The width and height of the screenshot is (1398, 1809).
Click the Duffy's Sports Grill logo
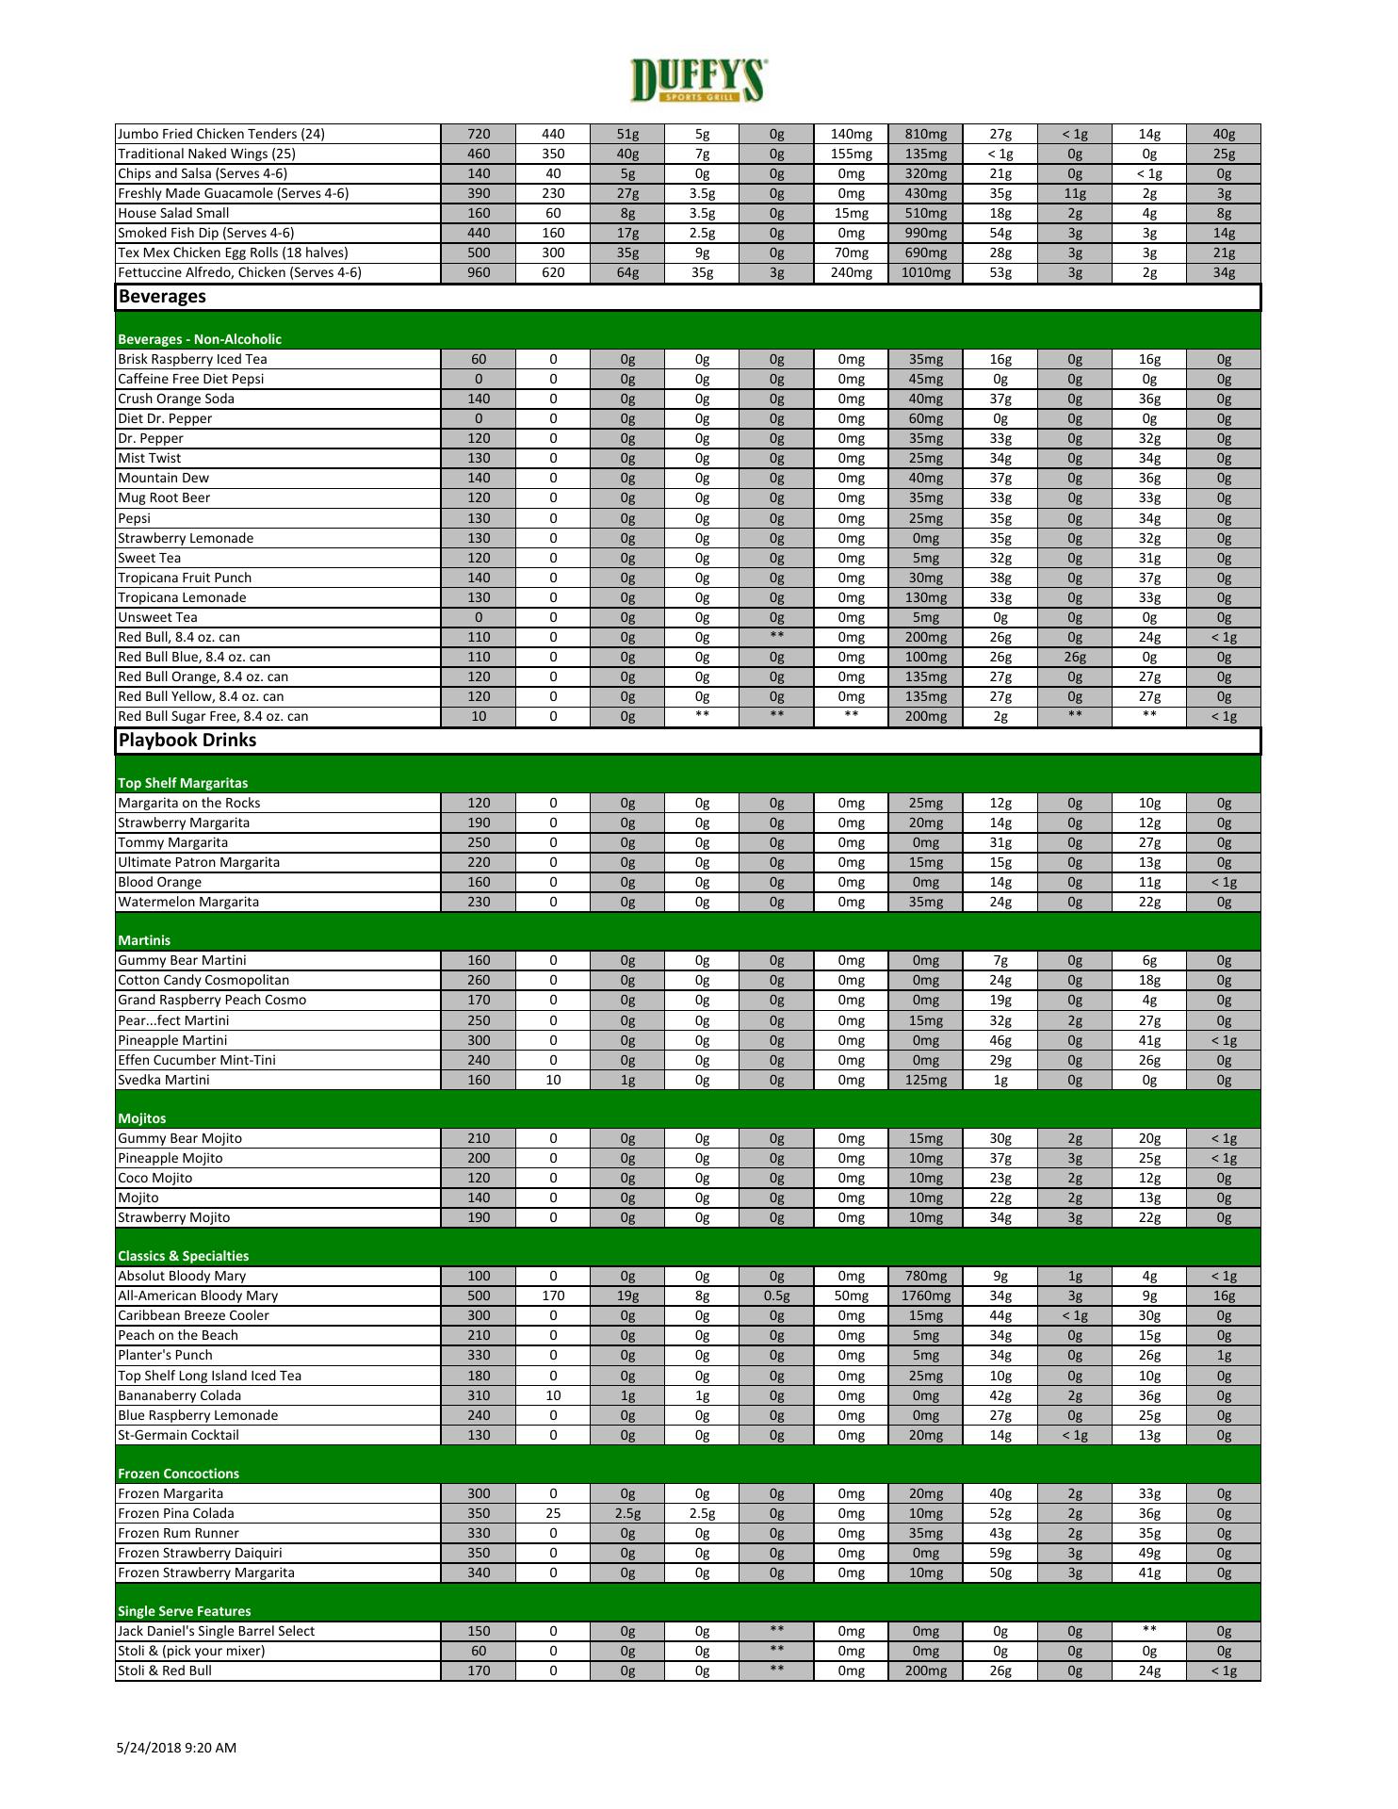698,80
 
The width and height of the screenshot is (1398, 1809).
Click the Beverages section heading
162,297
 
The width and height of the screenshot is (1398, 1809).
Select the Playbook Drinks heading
187,741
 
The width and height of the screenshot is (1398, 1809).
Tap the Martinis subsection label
144,940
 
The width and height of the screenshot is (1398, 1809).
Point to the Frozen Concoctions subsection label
178,1474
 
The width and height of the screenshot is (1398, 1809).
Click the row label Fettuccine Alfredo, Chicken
239,273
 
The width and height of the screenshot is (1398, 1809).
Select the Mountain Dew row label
163,478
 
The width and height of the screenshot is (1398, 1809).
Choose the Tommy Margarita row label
172,842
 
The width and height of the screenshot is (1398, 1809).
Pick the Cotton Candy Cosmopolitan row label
203,980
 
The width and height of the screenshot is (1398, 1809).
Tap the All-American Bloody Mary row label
198,1296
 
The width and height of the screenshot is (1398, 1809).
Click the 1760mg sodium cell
925,1296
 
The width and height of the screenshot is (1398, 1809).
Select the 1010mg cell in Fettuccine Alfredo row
925,273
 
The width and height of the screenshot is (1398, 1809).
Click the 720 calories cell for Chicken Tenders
479,134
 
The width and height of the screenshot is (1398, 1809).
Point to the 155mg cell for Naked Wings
851,154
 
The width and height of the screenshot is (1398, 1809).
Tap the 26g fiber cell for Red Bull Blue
1074,657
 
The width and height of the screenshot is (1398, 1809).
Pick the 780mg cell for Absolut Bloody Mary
925,1276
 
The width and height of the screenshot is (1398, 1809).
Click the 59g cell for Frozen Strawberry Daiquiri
1000,1553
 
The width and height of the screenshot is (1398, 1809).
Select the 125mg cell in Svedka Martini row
925,1080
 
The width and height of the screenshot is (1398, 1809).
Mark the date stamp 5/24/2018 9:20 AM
176,1748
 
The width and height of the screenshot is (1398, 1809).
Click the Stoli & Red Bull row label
165,1670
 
